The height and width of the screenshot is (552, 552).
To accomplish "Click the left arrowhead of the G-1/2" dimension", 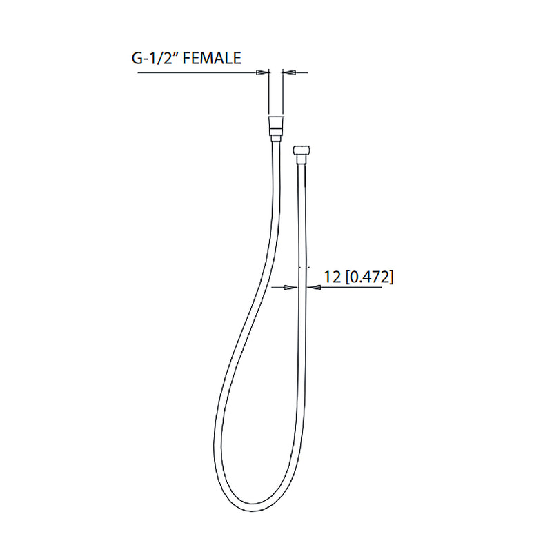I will [x=263, y=72].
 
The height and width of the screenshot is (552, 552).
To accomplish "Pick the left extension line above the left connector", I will [x=268, y=93].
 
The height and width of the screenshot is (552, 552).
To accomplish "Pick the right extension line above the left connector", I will [x=282, y=93].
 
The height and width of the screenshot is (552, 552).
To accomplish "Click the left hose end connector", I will [x=275, y=127].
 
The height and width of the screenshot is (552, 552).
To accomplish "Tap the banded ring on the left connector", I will [x=275, y=128].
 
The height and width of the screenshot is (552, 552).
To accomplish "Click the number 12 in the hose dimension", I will [x=332, y=277].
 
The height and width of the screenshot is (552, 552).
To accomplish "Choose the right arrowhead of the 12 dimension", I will [x=310, y=288].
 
